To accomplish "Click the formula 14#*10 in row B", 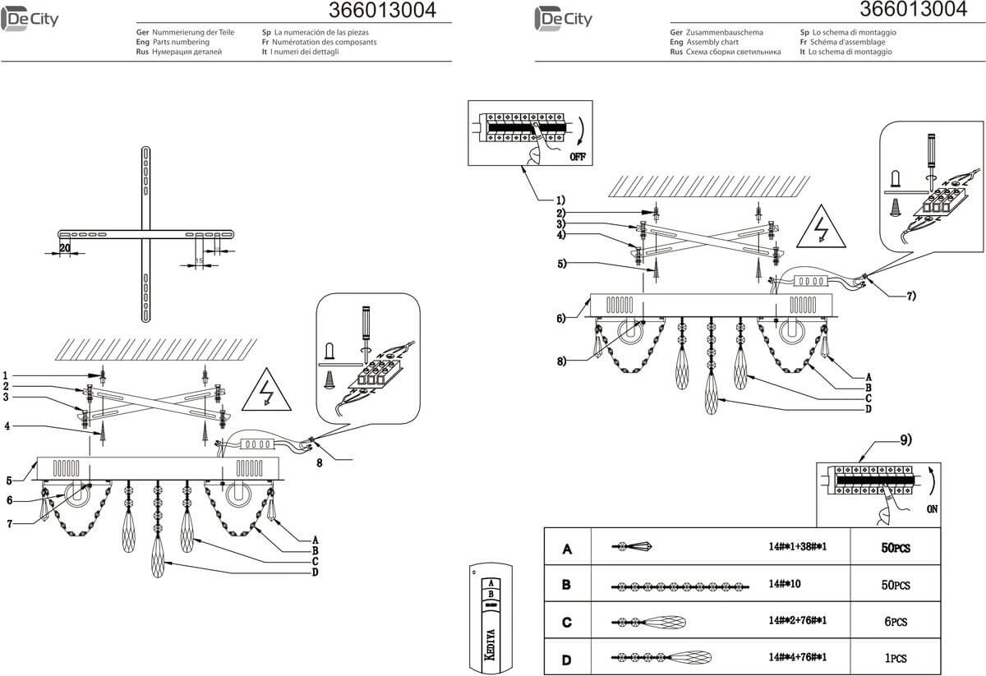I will tap(784, 586).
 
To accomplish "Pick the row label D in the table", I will tap(566, 658).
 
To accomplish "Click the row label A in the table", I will tap(566, 550).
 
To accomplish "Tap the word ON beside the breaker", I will tap(931, 509).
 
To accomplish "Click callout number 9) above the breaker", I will tap(905, 440).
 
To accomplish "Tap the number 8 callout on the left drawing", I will tap(320, 462).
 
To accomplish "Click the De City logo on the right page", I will tap(563, 17).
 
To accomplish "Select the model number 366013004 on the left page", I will tap(382, 11).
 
